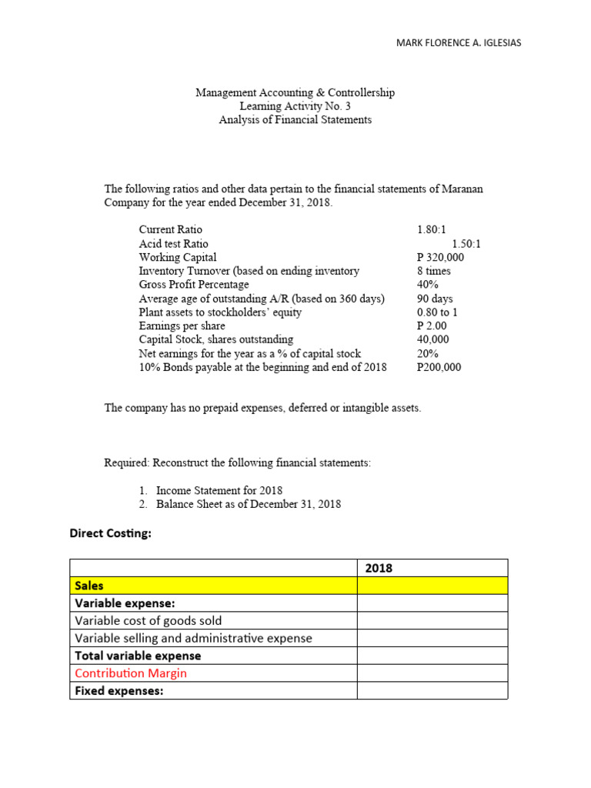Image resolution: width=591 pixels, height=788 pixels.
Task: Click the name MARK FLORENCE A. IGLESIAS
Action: (x=458, y=43)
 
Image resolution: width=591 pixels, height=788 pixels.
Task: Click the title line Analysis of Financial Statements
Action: (x=295, y=120)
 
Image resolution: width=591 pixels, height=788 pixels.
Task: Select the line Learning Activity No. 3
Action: (x=295, y=106)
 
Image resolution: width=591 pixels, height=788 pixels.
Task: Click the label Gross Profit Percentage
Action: (x=194, y=285)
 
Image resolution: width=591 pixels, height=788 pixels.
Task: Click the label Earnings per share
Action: (x=182, y=326)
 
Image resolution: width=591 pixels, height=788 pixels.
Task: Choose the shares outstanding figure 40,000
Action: (x=432, y=339)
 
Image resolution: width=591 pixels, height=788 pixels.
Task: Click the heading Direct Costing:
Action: (x=111, y=534)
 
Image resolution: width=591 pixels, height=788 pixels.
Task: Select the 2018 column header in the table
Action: (x=379, y=568)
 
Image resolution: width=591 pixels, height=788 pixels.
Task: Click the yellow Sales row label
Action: (x=89, y=586)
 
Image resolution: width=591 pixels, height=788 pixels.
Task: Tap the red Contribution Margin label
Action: (x=131, y=673)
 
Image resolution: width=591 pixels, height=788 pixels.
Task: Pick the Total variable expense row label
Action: (x=138, y=656)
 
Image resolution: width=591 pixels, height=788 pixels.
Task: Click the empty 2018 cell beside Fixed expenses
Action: (x=432, y=691)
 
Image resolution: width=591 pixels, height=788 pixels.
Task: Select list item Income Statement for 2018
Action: (x=219, y=490)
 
